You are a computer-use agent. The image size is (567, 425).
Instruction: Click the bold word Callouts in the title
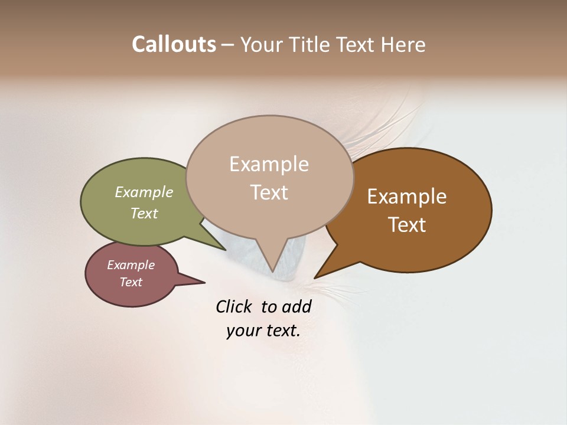[174, 44]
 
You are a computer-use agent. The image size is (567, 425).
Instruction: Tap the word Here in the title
[403, 44]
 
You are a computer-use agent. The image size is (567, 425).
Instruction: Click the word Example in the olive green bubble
[144, 192]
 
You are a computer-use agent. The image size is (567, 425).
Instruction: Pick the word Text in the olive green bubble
[144, 213]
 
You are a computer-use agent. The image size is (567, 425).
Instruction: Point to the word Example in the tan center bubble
[269, 164]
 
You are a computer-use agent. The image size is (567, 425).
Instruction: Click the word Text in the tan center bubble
[269, 192]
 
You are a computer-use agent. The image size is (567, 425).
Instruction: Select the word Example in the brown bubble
[407, 197]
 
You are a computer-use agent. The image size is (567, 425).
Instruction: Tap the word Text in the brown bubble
[407, 225]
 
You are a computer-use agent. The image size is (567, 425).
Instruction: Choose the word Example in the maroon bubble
[131, 265]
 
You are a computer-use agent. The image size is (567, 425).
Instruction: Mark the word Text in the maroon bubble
[131, 282]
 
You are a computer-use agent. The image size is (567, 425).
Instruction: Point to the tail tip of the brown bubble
[315, 277]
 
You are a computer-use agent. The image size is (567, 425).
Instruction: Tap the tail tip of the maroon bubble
[204, 282]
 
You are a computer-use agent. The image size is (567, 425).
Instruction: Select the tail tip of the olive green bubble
[226, 250]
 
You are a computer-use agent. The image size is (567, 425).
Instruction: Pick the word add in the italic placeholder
[296, 306]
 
